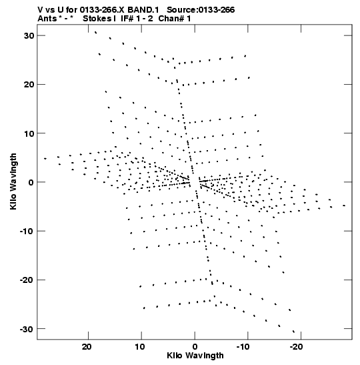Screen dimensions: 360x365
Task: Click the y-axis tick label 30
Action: (29, 35)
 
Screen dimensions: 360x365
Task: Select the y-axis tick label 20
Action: (29, 85)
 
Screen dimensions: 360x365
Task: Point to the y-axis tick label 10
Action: (29, 133)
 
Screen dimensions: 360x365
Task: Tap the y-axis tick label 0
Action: (31, 182)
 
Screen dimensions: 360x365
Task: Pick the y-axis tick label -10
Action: (27, 231)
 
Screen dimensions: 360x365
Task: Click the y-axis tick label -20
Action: (27, 280)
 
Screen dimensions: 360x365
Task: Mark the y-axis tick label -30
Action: (27, 329)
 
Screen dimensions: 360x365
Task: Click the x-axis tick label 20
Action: (87, 346)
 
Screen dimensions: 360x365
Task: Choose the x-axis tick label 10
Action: (140, 346)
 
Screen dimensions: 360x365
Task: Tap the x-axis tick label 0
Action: (195, 346)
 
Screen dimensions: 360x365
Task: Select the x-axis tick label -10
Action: (243, 346)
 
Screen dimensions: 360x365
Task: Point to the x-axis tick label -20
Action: (296, 346)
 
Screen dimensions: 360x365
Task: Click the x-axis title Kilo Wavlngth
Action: (195, 356)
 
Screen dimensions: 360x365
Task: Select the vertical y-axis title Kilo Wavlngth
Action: (13, 181)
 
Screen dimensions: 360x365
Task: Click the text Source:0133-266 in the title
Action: (201, 10)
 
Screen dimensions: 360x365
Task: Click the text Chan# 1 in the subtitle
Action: (175, 19)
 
